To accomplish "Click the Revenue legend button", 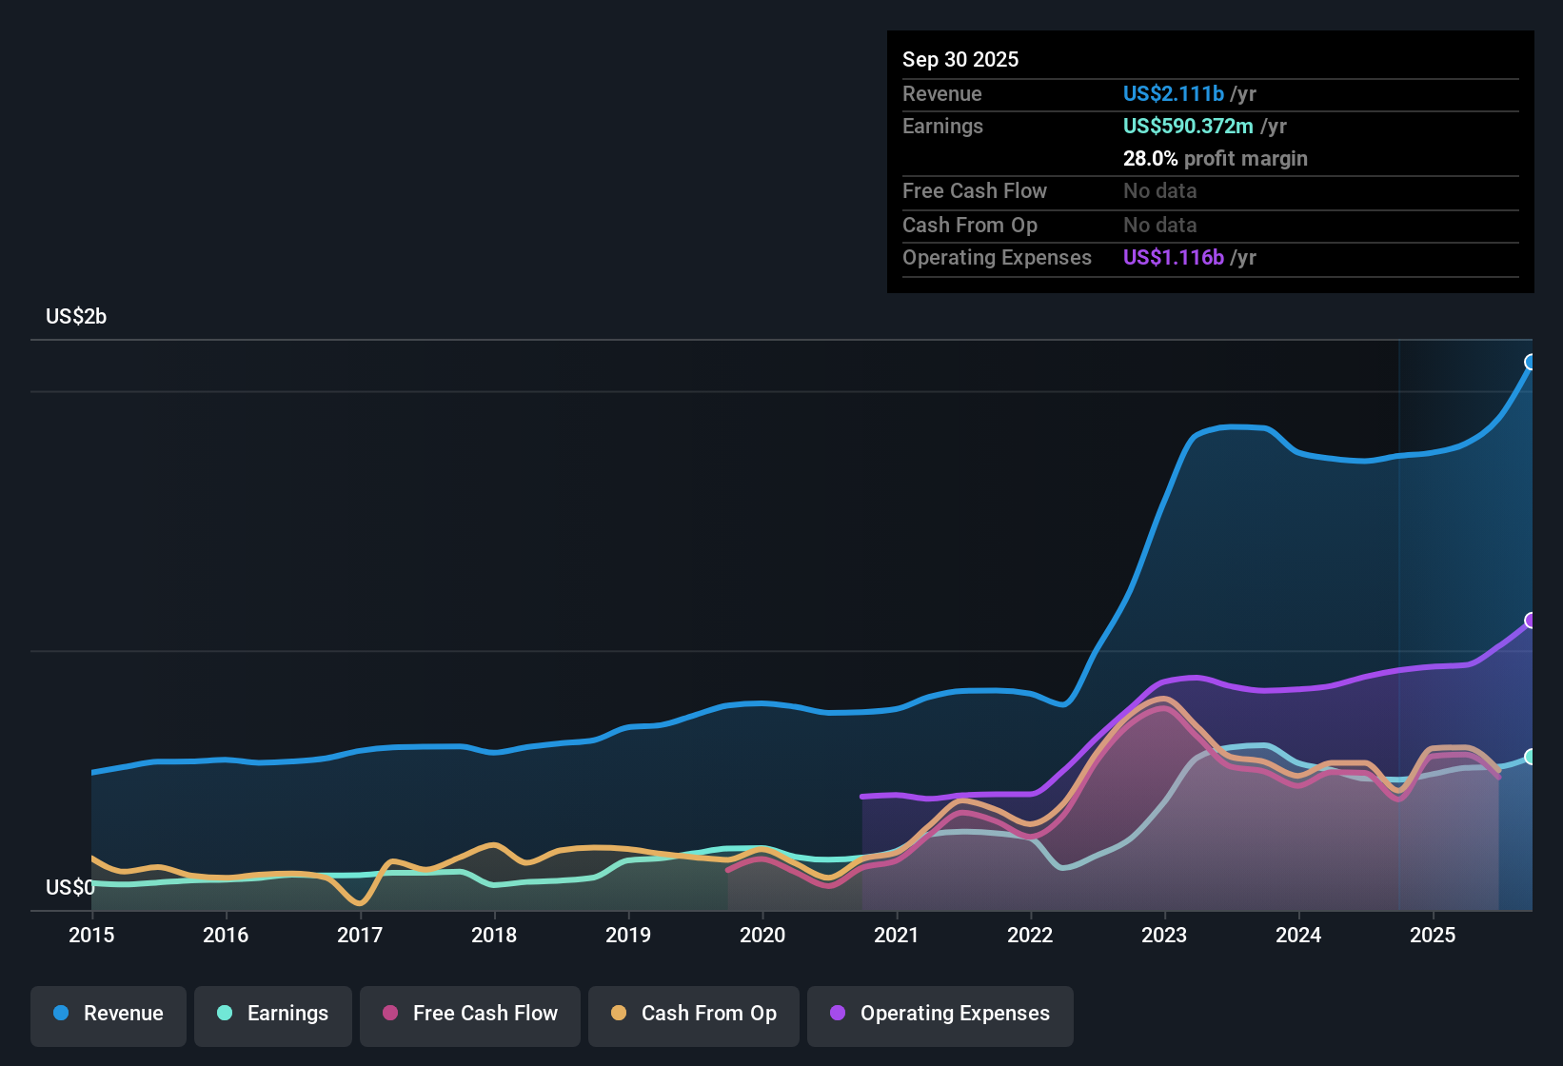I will click(109, 1014).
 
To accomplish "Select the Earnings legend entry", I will click(273, 1014).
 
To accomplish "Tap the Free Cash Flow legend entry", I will click(470, 1014).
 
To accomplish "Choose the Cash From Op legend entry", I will click(694, 1014).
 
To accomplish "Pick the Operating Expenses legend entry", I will click(940, 1014).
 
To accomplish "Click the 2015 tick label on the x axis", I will click(91, 935).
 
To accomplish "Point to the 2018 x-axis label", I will click(494, 935).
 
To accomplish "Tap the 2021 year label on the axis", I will click(897, 935).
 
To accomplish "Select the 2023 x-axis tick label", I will click(1164, 935).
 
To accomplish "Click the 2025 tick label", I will click(1433, 935).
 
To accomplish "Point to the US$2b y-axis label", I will click(76, 317).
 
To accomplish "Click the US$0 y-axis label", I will click(69, 888).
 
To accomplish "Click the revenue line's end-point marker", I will click(1531, 362).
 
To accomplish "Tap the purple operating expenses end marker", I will click(1531, 621).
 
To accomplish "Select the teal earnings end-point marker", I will click(1531, 757).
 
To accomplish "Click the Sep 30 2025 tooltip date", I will click(960, 59).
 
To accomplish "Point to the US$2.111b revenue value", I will click(1174, 93).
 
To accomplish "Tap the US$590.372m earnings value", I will click(1188, 126).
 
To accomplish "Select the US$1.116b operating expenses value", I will click(1174, 257).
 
